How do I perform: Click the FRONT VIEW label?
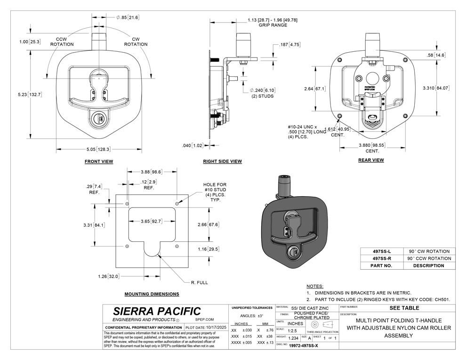pos(99,161)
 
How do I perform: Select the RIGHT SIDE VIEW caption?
pos(222,161)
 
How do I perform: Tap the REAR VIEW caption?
pos(370,160)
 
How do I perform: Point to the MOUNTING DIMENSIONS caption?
pos(152,294)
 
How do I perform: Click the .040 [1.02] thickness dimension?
pos(192,145)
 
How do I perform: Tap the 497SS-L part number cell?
pos(382,251)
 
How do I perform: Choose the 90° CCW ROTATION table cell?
pos(429,258)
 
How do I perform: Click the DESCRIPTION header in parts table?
pos(429,265)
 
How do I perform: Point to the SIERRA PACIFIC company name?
pos(157,311)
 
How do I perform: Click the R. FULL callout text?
pos(199,282)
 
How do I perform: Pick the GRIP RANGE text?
pos(273,25)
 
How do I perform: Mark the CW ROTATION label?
pos(136,41)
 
